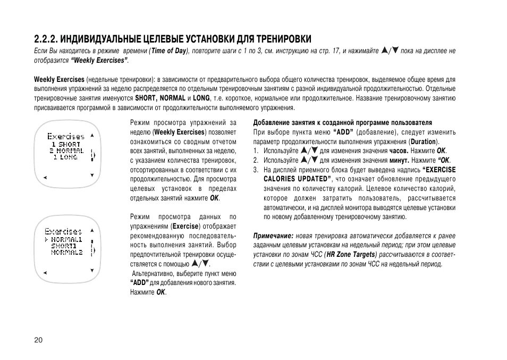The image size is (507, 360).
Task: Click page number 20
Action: (37, 340)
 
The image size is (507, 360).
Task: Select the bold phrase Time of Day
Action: (169, 51)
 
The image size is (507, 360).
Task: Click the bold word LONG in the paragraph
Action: (201, 98)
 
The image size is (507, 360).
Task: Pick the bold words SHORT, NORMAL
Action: (160, 98)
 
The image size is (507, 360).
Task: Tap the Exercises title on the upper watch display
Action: (66, 137)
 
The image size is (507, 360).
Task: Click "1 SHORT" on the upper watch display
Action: (66, 144)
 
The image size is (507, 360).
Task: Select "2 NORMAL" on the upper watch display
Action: (66, 150)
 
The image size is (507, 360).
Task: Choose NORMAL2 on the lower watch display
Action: (67, 252)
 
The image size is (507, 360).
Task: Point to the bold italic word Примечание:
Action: (273, 236)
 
